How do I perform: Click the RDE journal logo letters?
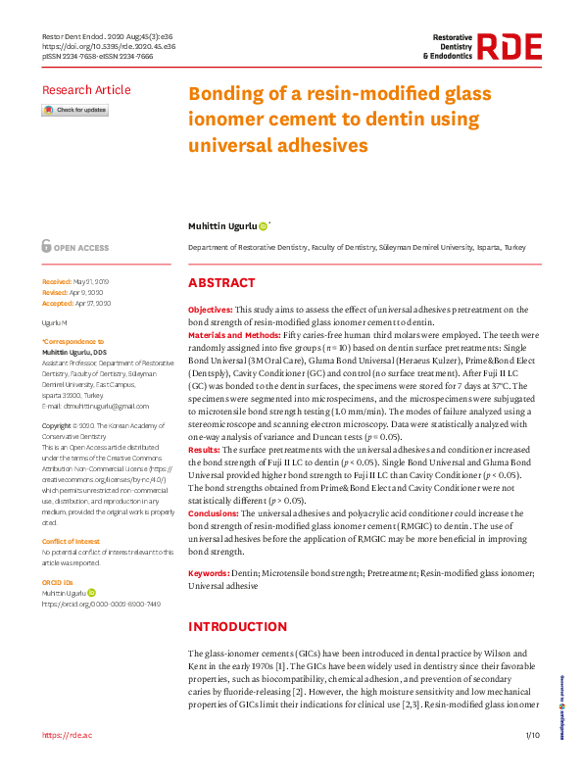click(x=510, y=47)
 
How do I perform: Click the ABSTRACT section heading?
click(x=221, y=283)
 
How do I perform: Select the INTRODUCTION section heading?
click(x=237, y=626)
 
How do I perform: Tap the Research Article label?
click(x=86, y=90)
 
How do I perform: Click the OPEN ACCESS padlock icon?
click(x=47, y=247)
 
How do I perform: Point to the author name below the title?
click(x=222, y=226)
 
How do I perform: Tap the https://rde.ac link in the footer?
click(x=67, y=734)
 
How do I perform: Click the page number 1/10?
click(x=532, y=734)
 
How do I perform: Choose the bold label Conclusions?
click(x=214, y=513)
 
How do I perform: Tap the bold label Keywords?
click(x=209, y=572)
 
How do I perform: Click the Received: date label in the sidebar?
click(x=58, y=280)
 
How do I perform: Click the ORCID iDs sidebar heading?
click(x=58, y=582)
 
